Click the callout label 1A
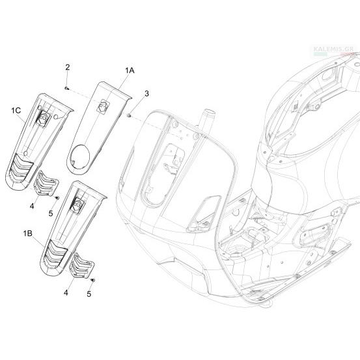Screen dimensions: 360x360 pos(130,70)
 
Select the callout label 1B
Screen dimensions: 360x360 pos(27,234)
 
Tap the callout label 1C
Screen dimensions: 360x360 pos(16,111)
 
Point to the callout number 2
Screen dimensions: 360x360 pos(67,67)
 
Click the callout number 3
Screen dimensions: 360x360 pos(146,94)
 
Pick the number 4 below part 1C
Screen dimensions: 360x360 pos(32,206)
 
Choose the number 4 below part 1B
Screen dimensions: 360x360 pos(66,293)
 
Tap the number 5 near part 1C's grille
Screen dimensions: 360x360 pos(51,214)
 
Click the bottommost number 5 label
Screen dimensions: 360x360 pos(89,294)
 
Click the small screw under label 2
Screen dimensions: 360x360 pos(67,88)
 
